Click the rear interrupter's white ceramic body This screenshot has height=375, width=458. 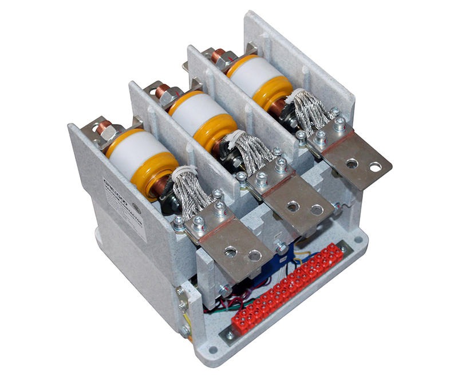pyautogui.click(x=257, y=71)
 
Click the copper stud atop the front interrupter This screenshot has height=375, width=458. pyautogui.click(x=106, y=130)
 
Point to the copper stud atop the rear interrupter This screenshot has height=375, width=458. pyautogui.click(x=218, y=55)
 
